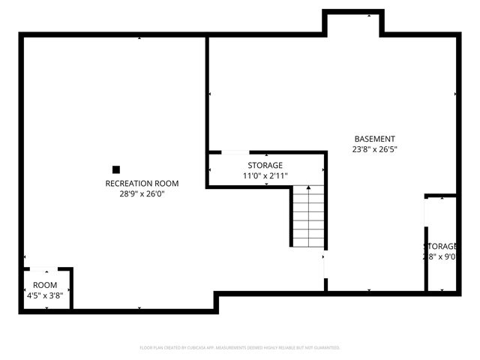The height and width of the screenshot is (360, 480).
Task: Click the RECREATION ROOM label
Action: pyautogui.click(x=142, y=183)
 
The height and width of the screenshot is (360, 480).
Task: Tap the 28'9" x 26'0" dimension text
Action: pyautogui.click(x=142, y=193)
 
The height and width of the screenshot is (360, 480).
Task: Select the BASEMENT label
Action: pyautogui.click(x=375, y=139)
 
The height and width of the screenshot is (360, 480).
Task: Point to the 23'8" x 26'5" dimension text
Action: pyautogui.click(x=375, y=149)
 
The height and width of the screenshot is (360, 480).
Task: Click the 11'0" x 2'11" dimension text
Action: pyautogui.click(x=265, y=175)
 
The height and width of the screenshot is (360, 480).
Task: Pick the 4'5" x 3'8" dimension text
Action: pyautogui.click(x=44, y=295)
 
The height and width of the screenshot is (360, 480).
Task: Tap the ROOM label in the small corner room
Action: pyautogui.click(x=44, y=285)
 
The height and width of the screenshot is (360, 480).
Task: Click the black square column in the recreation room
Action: pyautogui.click(x=116, y=169)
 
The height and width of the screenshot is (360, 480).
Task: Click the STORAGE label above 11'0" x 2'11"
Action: pyautogui.click(x=265, y=165)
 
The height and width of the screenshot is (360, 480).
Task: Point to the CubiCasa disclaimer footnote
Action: pyautogui.click(x=240, y=348)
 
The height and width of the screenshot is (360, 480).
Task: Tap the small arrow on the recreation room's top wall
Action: pyautogui.click(x=139, y=37)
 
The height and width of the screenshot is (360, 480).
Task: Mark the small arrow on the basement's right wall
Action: pyautogui.click(x=455, y=94)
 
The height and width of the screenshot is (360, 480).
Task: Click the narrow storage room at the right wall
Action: pyautogui.click(x=441, y=244)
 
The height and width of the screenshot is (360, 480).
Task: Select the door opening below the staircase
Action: pyautogui.click(x=325, y=262)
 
